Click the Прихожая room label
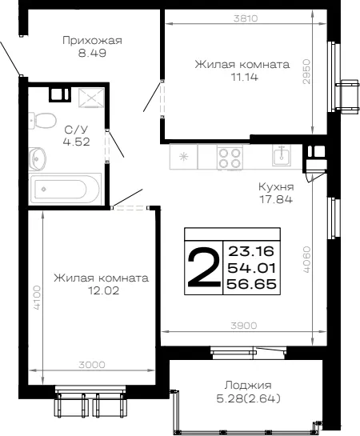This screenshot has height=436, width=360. (x=92, y=41)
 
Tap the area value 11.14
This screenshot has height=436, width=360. (x=245, y=77)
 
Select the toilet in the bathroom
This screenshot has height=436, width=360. (x=42, y=121)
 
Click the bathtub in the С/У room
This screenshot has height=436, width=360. (x=65, y=189)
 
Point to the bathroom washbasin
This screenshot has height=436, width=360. (x=38, y=158)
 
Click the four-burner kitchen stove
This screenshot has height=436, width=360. (x=230, y=158)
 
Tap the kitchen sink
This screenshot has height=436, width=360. (x=282, y=155)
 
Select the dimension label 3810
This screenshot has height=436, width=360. (x=246, y=18)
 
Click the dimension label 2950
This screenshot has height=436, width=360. (x=306, y=71)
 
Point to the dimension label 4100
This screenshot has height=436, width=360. (x=37, y=298)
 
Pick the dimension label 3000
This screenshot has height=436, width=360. (x=92, y=365)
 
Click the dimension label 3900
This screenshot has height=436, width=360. (x=244, y=326)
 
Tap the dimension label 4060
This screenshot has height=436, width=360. (x=306, y=259)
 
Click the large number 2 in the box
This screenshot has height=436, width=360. (x=203, y=267)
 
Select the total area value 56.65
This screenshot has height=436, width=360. (x=252, y=284)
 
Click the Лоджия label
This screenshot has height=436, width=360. (x=248, y=386)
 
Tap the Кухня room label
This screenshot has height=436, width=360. (x=276, y=187)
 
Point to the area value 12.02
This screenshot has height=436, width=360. (x=103, y=290)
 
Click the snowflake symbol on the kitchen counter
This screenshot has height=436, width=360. (x=183, y=157)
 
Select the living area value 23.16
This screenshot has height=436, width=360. (x=251, y=252)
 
